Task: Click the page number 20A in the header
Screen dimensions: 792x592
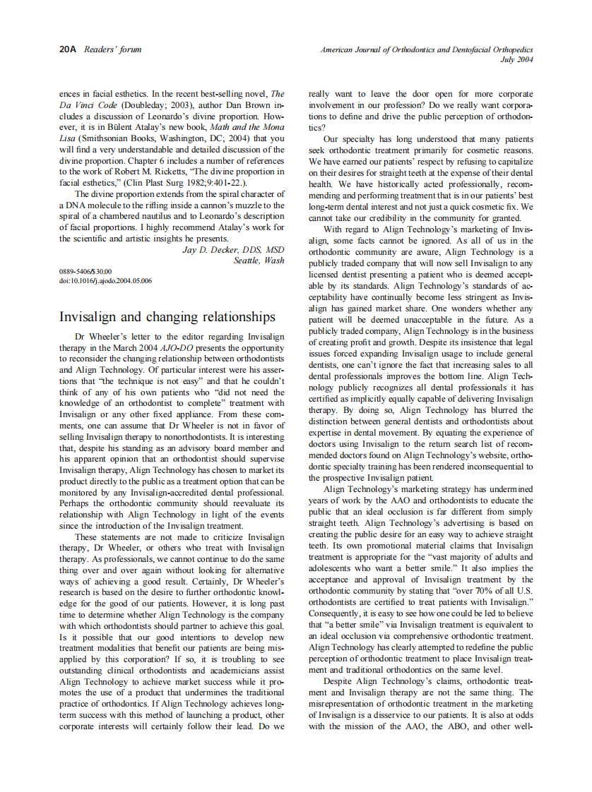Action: coord(69,49)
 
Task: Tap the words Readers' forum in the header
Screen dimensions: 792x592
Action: coord(113,49)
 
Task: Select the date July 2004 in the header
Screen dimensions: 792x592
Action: coord(516,60)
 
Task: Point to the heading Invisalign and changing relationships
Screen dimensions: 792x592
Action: coord(167,316)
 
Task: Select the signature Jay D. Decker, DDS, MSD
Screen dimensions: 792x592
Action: coord(233,250)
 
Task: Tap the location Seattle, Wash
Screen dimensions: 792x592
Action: coord(259,260)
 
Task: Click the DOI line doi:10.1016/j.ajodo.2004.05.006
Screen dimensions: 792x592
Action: coord(105,280)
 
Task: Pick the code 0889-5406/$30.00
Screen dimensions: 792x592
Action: coord(85,271)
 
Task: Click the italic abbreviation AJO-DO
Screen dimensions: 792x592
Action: coord(180,349)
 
